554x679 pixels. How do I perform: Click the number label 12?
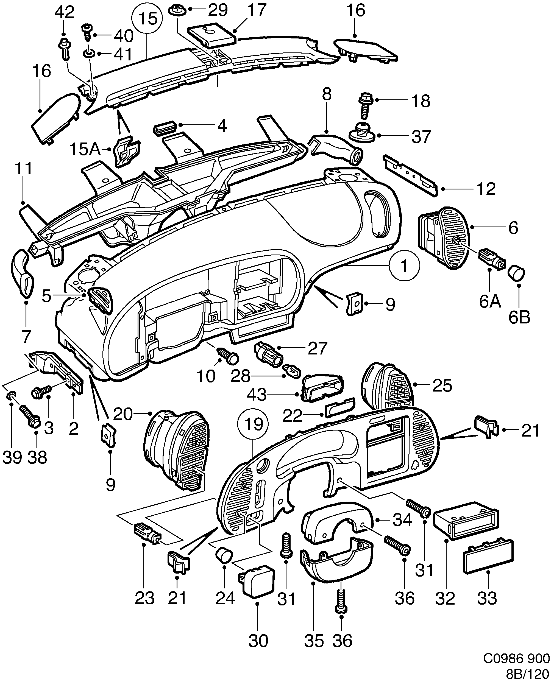[486, 189]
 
